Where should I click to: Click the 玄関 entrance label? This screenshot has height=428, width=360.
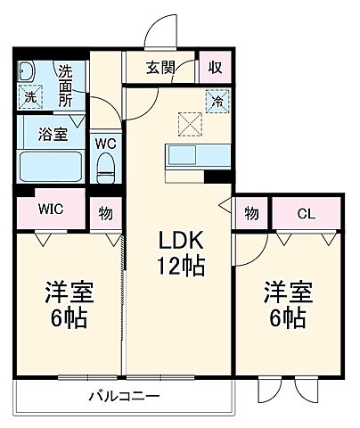point(162,67)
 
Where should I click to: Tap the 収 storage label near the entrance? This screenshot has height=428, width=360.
point(215,67)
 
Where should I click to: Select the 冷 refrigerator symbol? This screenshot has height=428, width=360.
point(215,100)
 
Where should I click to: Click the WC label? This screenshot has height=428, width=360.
point(104,142)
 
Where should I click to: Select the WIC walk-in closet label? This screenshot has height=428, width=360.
point(50,211)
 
